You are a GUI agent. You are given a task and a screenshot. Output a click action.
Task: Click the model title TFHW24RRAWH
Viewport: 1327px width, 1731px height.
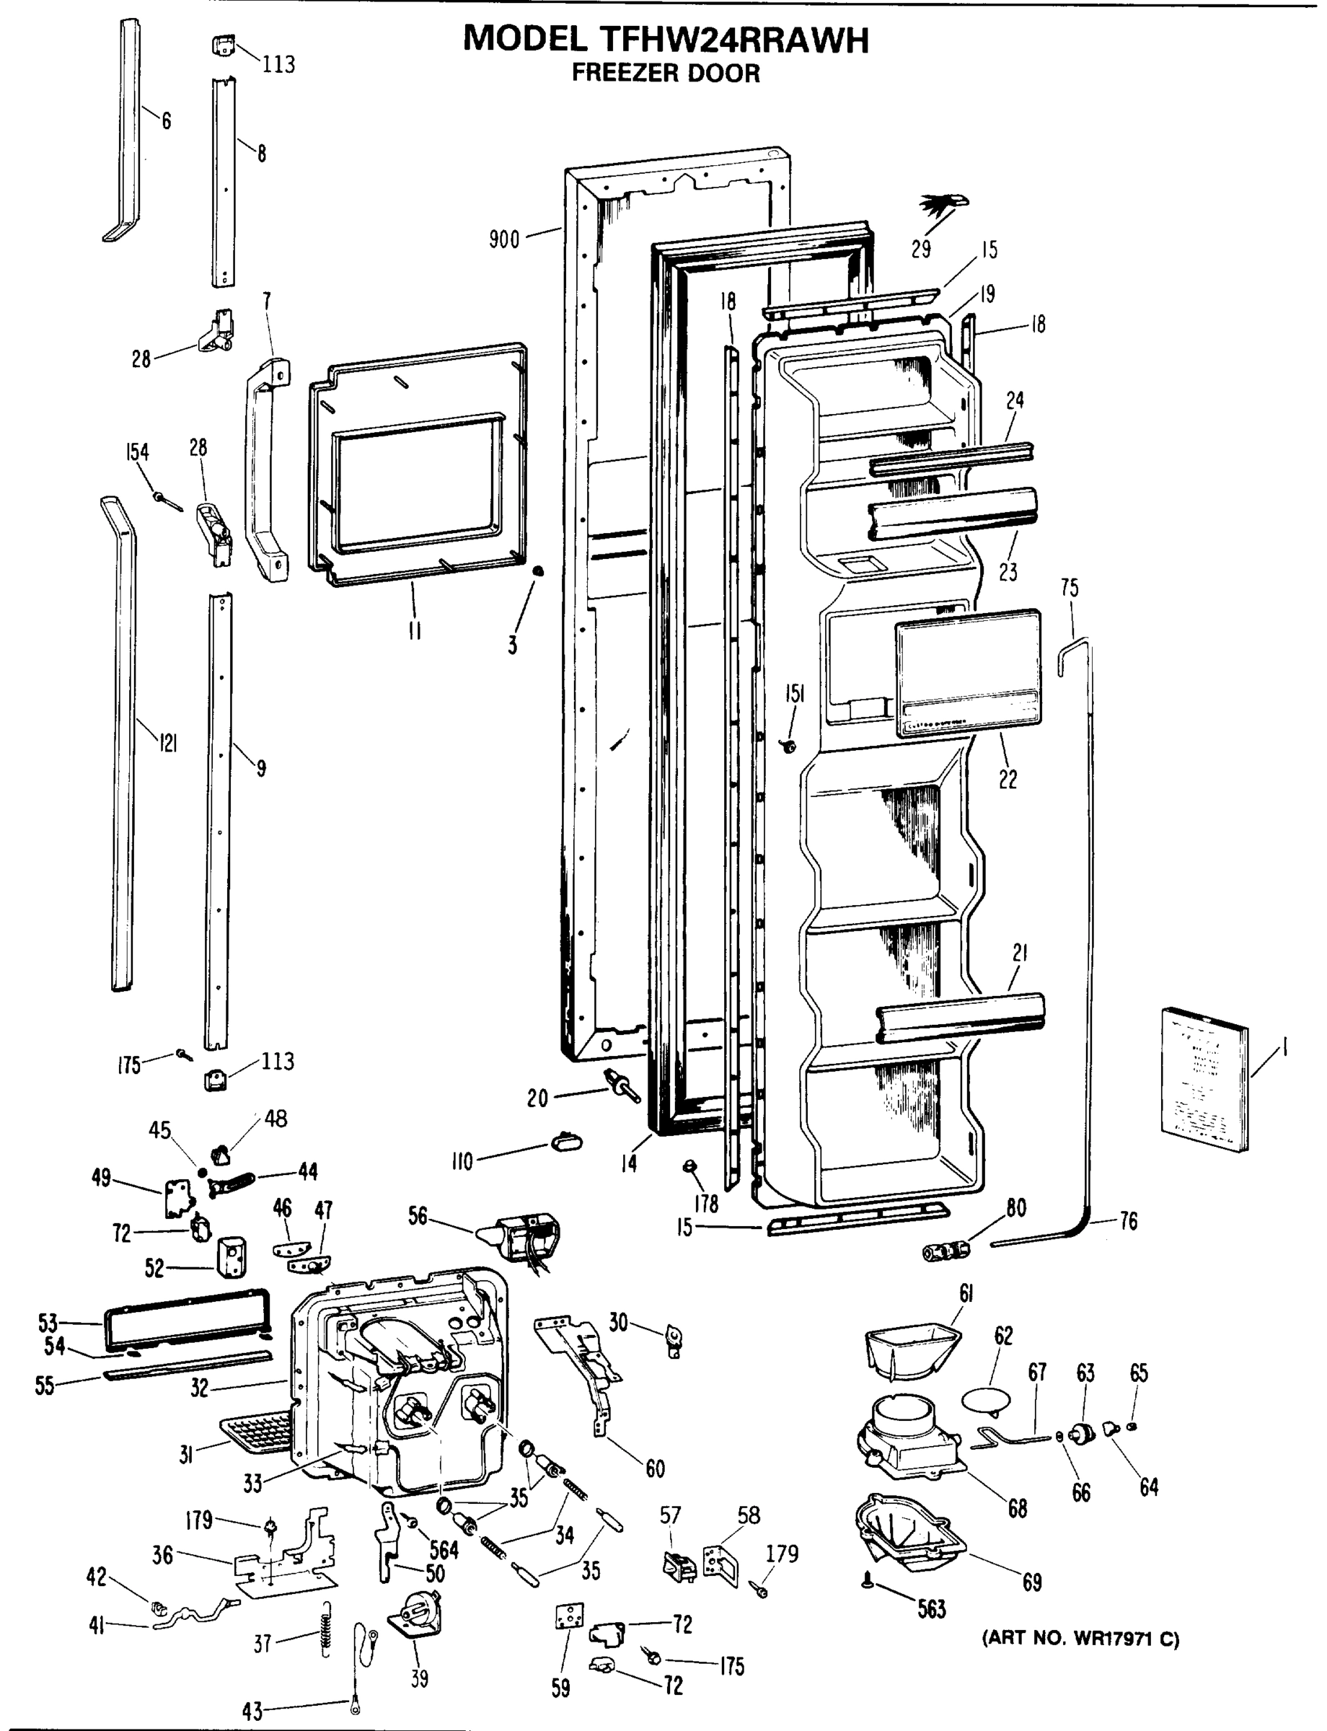665,40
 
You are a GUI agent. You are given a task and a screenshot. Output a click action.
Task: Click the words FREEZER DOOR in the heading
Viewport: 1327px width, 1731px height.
665,74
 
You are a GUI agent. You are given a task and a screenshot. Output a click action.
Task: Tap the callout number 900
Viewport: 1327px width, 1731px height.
504,239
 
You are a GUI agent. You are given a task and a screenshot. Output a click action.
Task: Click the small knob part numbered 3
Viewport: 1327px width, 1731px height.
537,571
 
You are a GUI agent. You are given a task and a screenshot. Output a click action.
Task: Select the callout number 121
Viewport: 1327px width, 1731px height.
167,743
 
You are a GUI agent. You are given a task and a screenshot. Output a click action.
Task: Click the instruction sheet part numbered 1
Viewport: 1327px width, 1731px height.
1204,1078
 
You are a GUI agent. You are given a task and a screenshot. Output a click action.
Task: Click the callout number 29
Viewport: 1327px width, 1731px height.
921,250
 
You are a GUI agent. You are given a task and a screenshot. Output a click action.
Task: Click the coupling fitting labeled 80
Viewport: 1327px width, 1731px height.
945,1251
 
